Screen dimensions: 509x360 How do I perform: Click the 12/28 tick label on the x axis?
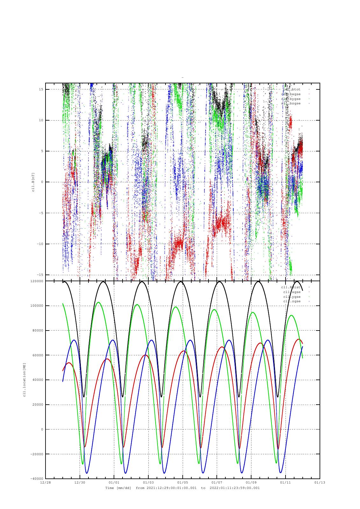[45, 482]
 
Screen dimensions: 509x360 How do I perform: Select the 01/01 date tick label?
[114, 482]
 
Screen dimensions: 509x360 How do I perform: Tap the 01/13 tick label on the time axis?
[320, 482]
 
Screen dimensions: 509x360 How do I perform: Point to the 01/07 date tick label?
[217, 482]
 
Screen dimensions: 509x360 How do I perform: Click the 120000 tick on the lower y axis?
[37, 281]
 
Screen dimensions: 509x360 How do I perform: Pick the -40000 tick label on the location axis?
[37, 478]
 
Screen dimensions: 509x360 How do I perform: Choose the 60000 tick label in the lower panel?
[38, 355]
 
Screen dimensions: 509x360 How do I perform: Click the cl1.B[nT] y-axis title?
[33, 182]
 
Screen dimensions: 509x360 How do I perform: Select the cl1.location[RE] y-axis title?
[24, 380]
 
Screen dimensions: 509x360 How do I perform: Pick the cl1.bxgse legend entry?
[291, 94]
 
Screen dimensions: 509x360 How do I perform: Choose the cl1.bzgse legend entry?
[291, 103]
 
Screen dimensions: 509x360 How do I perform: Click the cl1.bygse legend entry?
[291, 99]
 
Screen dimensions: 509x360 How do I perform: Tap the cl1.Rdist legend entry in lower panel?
[291, 287]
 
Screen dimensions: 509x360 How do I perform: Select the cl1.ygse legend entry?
[292, 297]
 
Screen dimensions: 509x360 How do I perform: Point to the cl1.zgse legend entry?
[292, 301]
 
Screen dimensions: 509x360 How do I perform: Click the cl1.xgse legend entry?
[292, 292]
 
